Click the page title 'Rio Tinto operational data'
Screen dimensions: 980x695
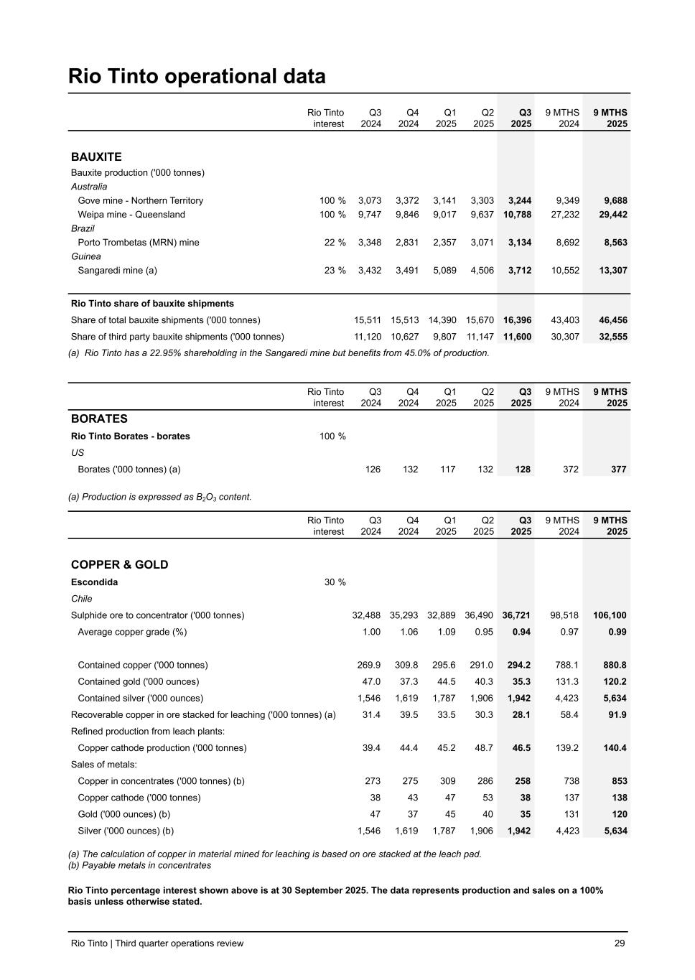pos(197,76)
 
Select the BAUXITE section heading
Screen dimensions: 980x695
pos(96,157)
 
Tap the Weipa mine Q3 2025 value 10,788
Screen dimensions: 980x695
pos(518,215)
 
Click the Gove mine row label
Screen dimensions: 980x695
pos(140,201)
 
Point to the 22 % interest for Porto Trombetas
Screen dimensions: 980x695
pos(335,243)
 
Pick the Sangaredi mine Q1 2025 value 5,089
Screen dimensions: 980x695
pos(443,271)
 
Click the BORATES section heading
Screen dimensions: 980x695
pos(99,419)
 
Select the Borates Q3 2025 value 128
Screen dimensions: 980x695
pos(523,470)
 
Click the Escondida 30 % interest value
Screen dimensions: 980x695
pos(335,582)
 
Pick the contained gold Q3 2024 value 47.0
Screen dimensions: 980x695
pos(370,681)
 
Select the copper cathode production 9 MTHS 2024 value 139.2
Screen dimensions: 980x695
pos(566,748)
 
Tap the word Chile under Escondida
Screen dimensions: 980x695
pos(81,599)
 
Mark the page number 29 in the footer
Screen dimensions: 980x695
pos(620,943)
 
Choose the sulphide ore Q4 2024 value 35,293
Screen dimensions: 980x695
pos(404,615)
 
